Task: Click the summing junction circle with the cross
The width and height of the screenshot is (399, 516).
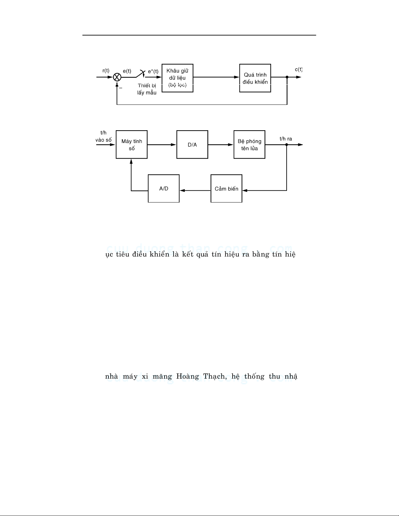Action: [x=117, y=77]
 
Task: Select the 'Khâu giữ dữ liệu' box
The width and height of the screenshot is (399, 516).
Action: [x=178, y=78]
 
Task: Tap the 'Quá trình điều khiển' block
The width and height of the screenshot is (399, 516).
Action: [x=255, y=78]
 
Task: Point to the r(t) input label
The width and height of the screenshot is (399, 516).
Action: [x=106, y=71]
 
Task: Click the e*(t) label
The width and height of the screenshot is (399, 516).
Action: [x=153, y=71]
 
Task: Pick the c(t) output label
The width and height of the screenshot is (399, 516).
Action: [x=298, y=69]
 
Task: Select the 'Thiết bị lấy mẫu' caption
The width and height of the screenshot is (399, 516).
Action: [x=147, y=89]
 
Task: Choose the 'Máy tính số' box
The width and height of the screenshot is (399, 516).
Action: [x=132, y=145]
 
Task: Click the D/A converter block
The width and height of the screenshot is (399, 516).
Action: [x=192, y=145]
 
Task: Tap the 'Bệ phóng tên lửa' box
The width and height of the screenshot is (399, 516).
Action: [x=249, y=145]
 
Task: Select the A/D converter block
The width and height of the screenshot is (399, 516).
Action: [x=164, y=188]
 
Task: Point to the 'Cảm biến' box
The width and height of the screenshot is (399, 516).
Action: [x=226, y=188]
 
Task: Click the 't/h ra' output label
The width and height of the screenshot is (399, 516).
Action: [x=286, y=139]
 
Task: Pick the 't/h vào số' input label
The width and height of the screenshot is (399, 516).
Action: [x=103, y=136]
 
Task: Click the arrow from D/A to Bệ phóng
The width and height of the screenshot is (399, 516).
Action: [x=221, y=145]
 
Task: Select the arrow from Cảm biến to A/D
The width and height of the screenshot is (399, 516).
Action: [x=195, y=190]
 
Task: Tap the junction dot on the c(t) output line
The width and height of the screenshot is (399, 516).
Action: [x=287, y=77]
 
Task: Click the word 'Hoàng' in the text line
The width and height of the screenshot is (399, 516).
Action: [x=188, y=377]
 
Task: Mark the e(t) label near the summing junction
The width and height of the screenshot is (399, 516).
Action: [x=127, y=71]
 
